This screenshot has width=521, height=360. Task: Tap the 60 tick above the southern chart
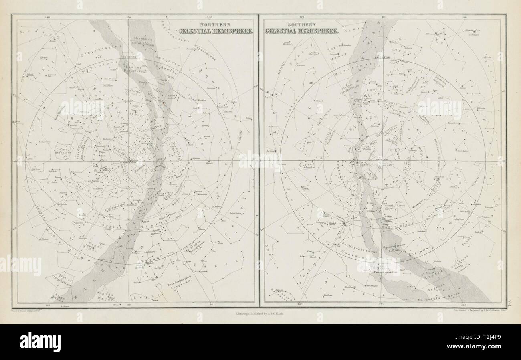465,18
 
